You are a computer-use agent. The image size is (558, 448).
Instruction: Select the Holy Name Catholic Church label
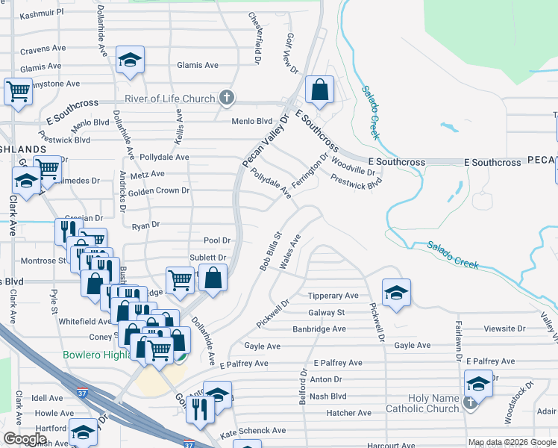tap(422, 404)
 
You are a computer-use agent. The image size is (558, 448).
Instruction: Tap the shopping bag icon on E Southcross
tap(319, 90)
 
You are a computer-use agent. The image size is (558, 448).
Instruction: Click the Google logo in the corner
tap(25, 439)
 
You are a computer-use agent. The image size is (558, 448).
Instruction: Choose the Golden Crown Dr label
tap(159, 191)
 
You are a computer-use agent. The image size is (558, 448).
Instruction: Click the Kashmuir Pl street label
tap(42, 13)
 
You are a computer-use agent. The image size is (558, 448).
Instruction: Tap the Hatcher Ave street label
tap(348, 413)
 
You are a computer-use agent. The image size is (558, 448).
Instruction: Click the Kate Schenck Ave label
tap(253, 431)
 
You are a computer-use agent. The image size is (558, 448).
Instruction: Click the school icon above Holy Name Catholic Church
tap(477, 384)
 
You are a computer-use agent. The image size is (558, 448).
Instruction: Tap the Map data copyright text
tap(512, 442)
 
